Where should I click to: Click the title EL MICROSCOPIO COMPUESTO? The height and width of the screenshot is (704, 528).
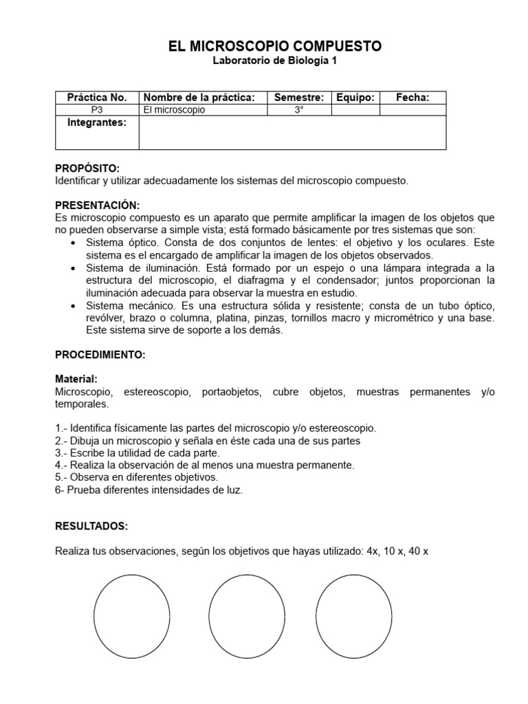(274, 46)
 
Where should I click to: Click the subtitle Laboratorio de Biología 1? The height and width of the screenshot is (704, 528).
(274, 60)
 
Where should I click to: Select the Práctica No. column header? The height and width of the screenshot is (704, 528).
(97, 98)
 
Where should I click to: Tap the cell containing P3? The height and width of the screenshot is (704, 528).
(97, 109)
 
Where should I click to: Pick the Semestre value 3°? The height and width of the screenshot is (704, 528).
(298, 109)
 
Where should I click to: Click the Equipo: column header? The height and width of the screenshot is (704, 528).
(355, 98)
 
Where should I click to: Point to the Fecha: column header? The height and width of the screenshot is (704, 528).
(412, 98)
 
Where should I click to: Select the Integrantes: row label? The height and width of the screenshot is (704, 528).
(97, 122)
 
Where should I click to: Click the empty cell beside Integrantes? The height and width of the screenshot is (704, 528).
(292, 132)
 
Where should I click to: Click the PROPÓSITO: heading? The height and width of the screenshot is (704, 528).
(87, 168)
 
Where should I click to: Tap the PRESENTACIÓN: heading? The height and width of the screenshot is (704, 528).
(97, 206)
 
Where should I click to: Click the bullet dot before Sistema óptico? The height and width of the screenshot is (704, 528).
(74, 243)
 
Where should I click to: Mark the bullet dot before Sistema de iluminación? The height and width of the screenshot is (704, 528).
(74, 268)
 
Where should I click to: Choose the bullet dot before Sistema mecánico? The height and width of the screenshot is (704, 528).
(74, 305)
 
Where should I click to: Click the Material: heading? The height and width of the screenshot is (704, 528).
(76, 379)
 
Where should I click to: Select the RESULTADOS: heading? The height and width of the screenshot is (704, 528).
(91, 526)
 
